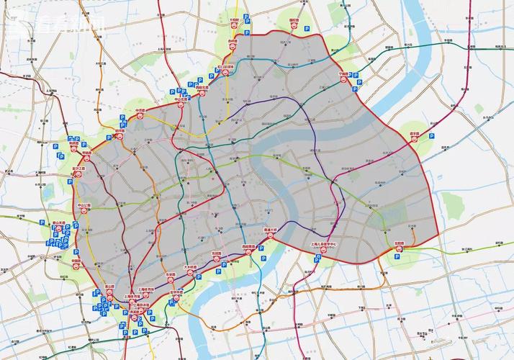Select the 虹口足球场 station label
225,67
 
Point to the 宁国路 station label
344,73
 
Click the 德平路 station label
415,134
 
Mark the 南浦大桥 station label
271,230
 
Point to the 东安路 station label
171,274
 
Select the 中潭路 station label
140,111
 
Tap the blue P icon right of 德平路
432,135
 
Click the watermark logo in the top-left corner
54,23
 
